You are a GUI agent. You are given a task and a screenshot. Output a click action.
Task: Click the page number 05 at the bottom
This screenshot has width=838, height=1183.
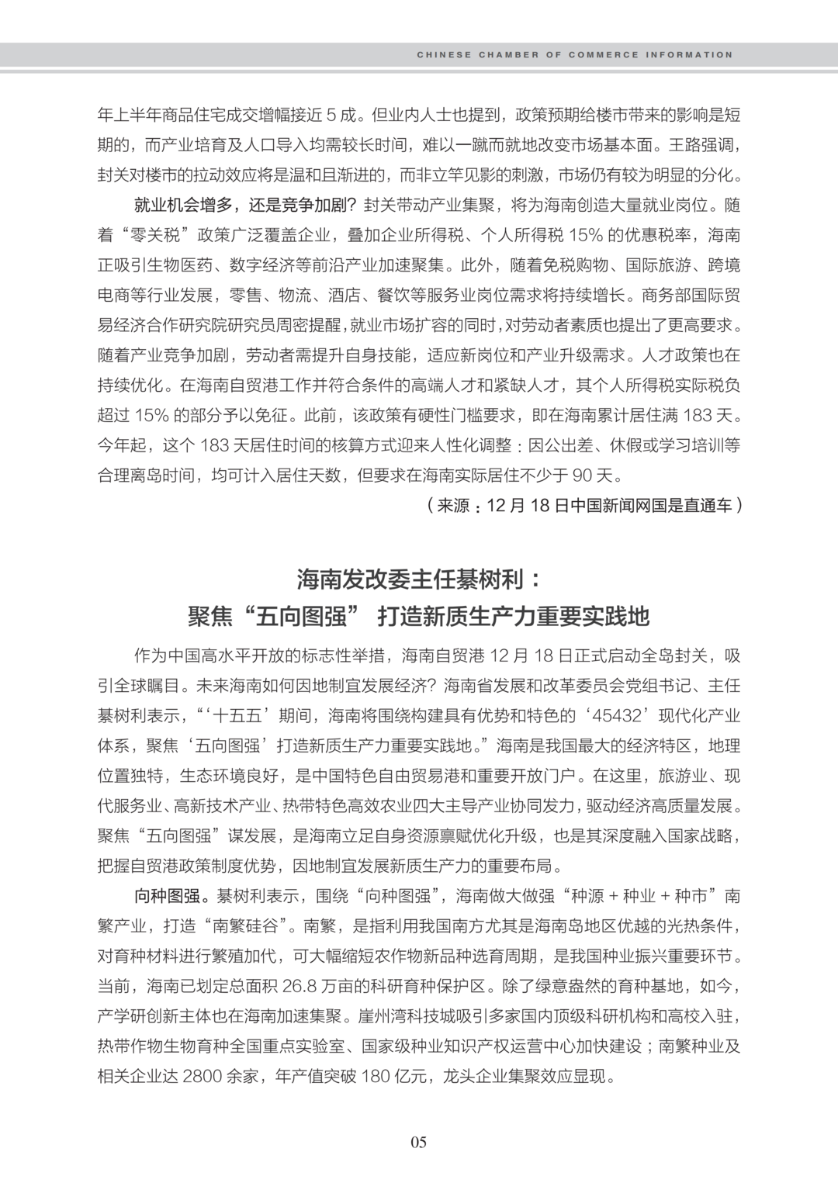pos(419,1142)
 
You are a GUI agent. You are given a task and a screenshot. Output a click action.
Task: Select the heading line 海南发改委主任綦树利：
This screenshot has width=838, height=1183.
pos(418,579)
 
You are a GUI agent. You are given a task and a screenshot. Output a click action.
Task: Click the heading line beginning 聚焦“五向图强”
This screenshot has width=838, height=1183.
pos(418,617)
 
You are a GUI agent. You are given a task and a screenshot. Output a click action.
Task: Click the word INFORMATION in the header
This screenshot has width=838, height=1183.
pos(694,55)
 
